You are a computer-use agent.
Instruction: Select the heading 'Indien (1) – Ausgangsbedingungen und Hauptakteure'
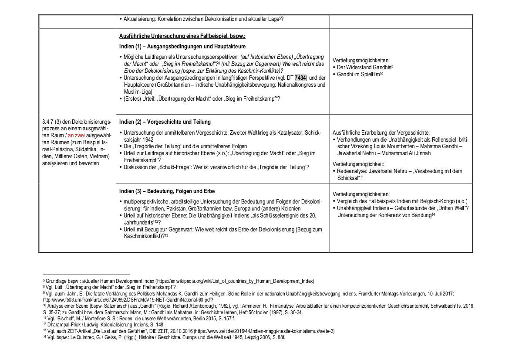pyautogui.click(x=182, y=46)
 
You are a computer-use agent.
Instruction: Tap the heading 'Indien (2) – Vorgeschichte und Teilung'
pyautogui.click(x=165, y=122)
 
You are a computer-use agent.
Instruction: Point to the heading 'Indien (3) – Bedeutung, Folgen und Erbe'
pyautogui.click(x=167, y=191)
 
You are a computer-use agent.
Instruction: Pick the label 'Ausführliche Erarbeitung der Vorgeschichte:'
pyautogui.click(x=381, y=132)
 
